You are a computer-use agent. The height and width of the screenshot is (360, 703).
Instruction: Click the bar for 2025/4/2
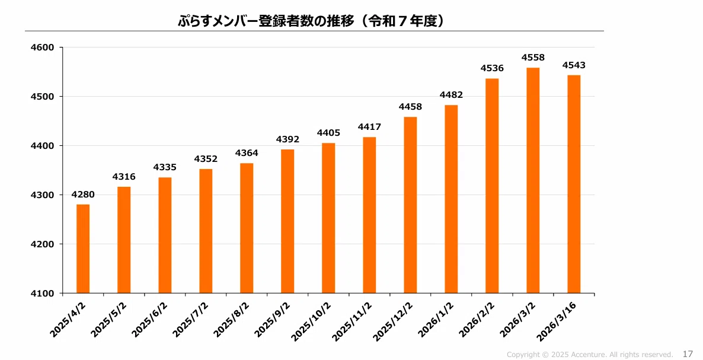point(83,249)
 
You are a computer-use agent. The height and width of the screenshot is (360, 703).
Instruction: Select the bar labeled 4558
point(533,180)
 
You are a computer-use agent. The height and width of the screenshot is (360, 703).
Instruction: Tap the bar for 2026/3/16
point(574,184)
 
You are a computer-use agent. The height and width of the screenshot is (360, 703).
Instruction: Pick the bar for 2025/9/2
point(287,221)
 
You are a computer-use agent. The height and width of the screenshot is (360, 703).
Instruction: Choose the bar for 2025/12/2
point(410,205)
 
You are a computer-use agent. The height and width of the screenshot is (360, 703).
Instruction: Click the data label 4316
point(124,177)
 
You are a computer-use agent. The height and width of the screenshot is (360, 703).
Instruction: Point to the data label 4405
point(328,133)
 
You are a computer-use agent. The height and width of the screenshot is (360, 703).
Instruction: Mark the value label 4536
point(493,68)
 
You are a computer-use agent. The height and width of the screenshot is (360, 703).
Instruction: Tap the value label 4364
point(247,153)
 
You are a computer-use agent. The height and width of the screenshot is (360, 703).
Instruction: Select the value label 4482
point(451,94)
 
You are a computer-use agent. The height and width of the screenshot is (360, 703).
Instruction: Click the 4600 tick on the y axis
point(42,47)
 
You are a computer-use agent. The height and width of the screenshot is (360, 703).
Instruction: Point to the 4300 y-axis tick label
point(42,195)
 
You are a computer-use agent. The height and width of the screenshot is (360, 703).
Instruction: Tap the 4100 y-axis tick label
point(42,293)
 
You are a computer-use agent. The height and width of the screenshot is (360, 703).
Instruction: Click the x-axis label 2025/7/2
point(191,319)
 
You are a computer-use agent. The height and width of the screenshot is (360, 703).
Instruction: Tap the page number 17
point(688,354)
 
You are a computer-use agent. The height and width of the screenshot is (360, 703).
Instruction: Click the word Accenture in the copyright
point(588,355)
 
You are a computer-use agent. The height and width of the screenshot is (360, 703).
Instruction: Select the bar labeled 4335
point(165,235)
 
